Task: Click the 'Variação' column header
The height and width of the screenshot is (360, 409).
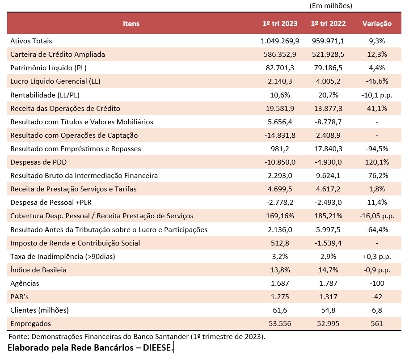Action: pyautogui.click(x=377, y=24)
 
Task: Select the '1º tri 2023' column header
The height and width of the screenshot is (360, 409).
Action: pyautogui.click(x=280, y=24)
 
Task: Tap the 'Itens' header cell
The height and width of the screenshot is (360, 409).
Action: pyautogui.click(x=131, y=24)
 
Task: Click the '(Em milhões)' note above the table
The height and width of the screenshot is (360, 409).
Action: pyautogui.click(x=330, y=6)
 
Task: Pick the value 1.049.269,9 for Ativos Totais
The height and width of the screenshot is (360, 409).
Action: pyautogui.click(x=280, y=41)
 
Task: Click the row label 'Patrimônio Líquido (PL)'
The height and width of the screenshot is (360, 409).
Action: pyautogui.click(x=48, y=68)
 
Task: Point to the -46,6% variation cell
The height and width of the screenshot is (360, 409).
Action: pyautogui.click(x=377, y=81)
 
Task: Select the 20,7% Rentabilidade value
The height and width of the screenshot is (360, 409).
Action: pyautogui.click(x=328, y=95)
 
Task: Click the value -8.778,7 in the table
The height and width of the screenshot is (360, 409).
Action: pyautogui.click(x=328, y=122)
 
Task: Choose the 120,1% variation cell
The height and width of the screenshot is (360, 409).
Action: pyautogui.click(x=377, y=162)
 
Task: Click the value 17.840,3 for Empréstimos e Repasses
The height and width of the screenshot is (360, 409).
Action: pyautogui.click(x=328, y=149)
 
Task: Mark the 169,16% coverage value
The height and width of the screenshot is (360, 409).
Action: pyautogui.click(x=280, y=216)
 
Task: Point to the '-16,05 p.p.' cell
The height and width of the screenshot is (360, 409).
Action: pyautogui.click(x=377, y=216)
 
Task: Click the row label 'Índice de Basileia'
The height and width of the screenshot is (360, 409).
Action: pyautogui.click(x=38, y=270)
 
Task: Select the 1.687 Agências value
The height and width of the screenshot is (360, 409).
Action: pyautogui.click(x=280, y=284)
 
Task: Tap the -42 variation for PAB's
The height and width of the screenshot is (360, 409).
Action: pyautogui.click(x=377, y=297)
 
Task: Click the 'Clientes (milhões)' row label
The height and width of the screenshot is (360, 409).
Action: pyautogui.click(x=39, y=310)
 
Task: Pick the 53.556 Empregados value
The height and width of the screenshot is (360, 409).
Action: pyautogui.click(x=280, y=324)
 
